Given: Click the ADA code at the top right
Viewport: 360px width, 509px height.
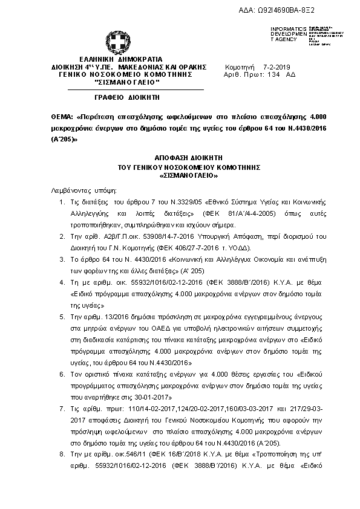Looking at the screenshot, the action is point(303,11).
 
